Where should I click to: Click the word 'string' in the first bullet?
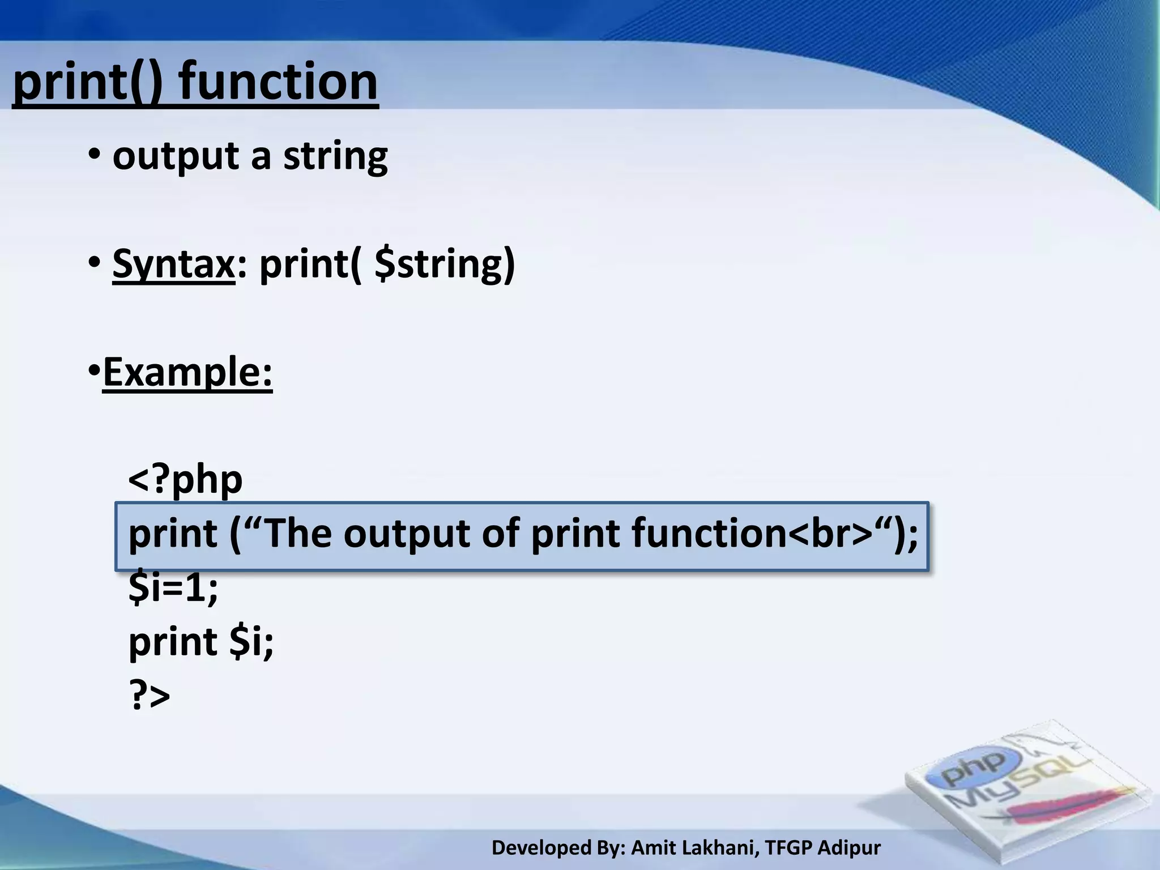[335, 156]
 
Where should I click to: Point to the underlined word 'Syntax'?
[173, 264]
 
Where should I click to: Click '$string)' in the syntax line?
[445, 264]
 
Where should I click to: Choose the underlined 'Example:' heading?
[187, 372]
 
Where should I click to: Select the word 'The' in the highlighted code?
[298, 534]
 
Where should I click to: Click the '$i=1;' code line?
[173, 587]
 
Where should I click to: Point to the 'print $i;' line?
[201, 642]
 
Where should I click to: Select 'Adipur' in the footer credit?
[849, 848]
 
